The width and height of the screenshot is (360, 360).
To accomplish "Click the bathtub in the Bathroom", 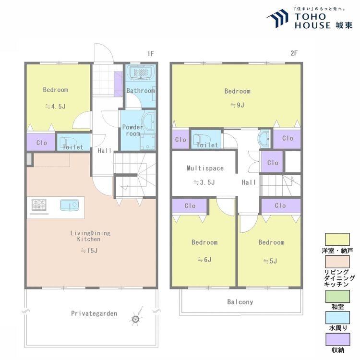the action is [140, 72].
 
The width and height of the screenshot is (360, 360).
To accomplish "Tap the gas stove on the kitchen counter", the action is [39, 205].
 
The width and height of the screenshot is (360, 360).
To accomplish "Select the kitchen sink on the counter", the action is [70, 204].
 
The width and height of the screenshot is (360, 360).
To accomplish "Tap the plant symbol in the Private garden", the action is [136, 318].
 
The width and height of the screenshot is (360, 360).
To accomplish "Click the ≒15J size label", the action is [89, 251].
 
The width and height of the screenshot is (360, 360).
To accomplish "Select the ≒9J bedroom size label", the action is [238, 105].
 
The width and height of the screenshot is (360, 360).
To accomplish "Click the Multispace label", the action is [205, 168].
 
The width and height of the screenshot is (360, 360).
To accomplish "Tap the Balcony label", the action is [240, 302].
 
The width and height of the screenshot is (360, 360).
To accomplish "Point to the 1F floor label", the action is [151, 54].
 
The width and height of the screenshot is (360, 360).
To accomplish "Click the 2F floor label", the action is [294, 53].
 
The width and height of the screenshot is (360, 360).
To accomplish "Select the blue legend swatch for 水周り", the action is [337, 318].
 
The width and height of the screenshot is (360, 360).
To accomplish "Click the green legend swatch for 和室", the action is [337, 297].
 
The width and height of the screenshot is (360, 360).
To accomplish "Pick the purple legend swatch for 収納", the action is [337, 339].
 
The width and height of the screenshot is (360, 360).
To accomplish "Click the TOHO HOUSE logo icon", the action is [278, 18].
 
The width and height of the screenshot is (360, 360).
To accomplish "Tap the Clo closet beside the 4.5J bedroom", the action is [41, 143].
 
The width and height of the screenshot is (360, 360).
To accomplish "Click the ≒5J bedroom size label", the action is [270, 261].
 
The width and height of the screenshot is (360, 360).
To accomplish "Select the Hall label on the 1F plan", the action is [105, 151].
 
